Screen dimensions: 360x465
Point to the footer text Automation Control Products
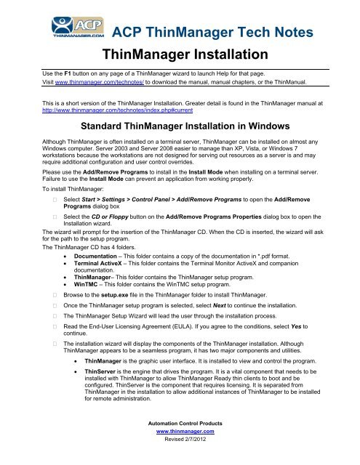[180, 440]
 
